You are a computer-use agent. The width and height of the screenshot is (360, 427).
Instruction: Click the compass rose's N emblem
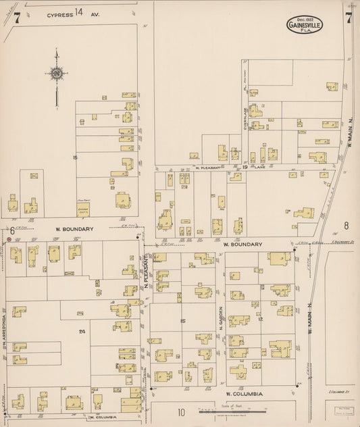tap(57, 73)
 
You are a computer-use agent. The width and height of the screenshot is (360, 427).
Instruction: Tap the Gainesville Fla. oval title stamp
tap(305, 25)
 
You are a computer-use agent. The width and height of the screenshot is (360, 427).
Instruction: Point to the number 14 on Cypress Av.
tap(80, 12)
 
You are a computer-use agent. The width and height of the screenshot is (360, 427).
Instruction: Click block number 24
tap(82, 331)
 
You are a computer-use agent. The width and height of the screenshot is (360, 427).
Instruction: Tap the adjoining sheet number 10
tap(181, 412)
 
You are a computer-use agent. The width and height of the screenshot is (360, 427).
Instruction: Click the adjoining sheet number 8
tap(345, 226)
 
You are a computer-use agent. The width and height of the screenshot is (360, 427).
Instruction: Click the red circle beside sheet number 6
tap(8, 238)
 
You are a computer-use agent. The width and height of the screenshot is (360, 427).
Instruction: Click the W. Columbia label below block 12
tap(239, 393)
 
